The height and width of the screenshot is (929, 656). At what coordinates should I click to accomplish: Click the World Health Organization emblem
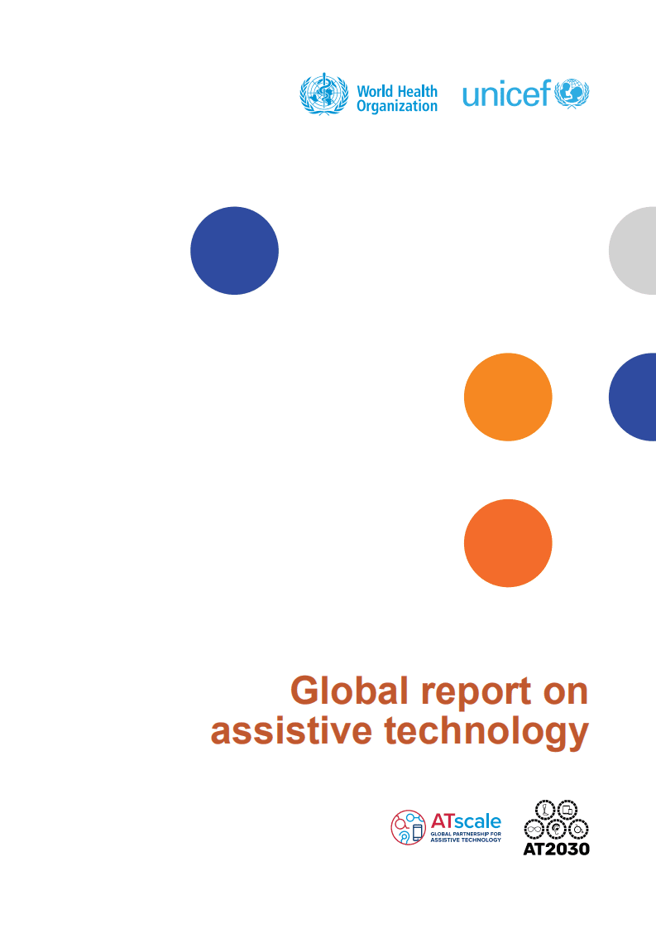tap(323, 94)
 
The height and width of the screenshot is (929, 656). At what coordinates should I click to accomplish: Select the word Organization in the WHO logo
tap(397, 107)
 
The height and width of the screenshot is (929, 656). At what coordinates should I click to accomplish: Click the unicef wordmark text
tap(507, 94)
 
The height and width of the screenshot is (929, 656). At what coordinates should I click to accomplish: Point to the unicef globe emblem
tap(572, 94)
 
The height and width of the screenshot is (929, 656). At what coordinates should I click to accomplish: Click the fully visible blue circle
tap(234, 251)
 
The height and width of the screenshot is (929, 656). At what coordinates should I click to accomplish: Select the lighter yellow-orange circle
tap(508, 397)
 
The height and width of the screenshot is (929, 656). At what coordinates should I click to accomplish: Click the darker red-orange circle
tap(508, 543)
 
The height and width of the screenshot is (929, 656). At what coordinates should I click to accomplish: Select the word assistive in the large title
tap(291, 730)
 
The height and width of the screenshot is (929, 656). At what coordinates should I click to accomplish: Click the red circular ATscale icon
tap(409, 827)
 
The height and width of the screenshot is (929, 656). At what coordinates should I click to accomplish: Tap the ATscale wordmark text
tap(466, 821)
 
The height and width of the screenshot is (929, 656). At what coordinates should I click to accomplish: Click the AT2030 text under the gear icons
tap(557, 849)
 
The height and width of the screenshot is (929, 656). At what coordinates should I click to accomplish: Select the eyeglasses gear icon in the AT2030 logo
tap(534, 830)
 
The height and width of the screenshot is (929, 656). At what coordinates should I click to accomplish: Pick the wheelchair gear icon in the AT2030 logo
tap(578, 830)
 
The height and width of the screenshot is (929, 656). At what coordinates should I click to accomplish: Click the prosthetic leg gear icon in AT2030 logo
tap(545, 810)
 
